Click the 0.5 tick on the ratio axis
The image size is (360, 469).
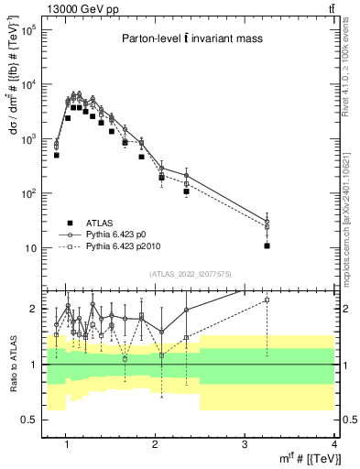29,420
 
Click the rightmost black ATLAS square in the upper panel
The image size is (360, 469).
267,245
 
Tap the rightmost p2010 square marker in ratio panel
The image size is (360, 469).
267,300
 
